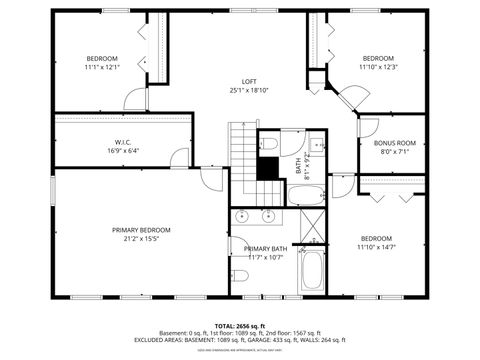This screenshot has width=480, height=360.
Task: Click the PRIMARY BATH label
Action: point(265,248)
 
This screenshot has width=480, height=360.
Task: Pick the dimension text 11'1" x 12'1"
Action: point(101,67)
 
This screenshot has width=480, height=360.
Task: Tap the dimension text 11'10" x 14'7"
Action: point(377,247)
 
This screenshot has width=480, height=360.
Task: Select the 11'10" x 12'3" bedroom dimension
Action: point(378,67)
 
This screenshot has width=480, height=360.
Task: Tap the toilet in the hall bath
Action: point(271,146)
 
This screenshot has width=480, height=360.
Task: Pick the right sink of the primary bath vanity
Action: point(268,215)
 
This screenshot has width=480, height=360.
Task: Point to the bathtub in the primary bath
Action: point(312,270)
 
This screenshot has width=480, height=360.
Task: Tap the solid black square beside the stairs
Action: point(268,170)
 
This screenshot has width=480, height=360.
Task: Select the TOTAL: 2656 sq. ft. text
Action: point(239,326)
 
